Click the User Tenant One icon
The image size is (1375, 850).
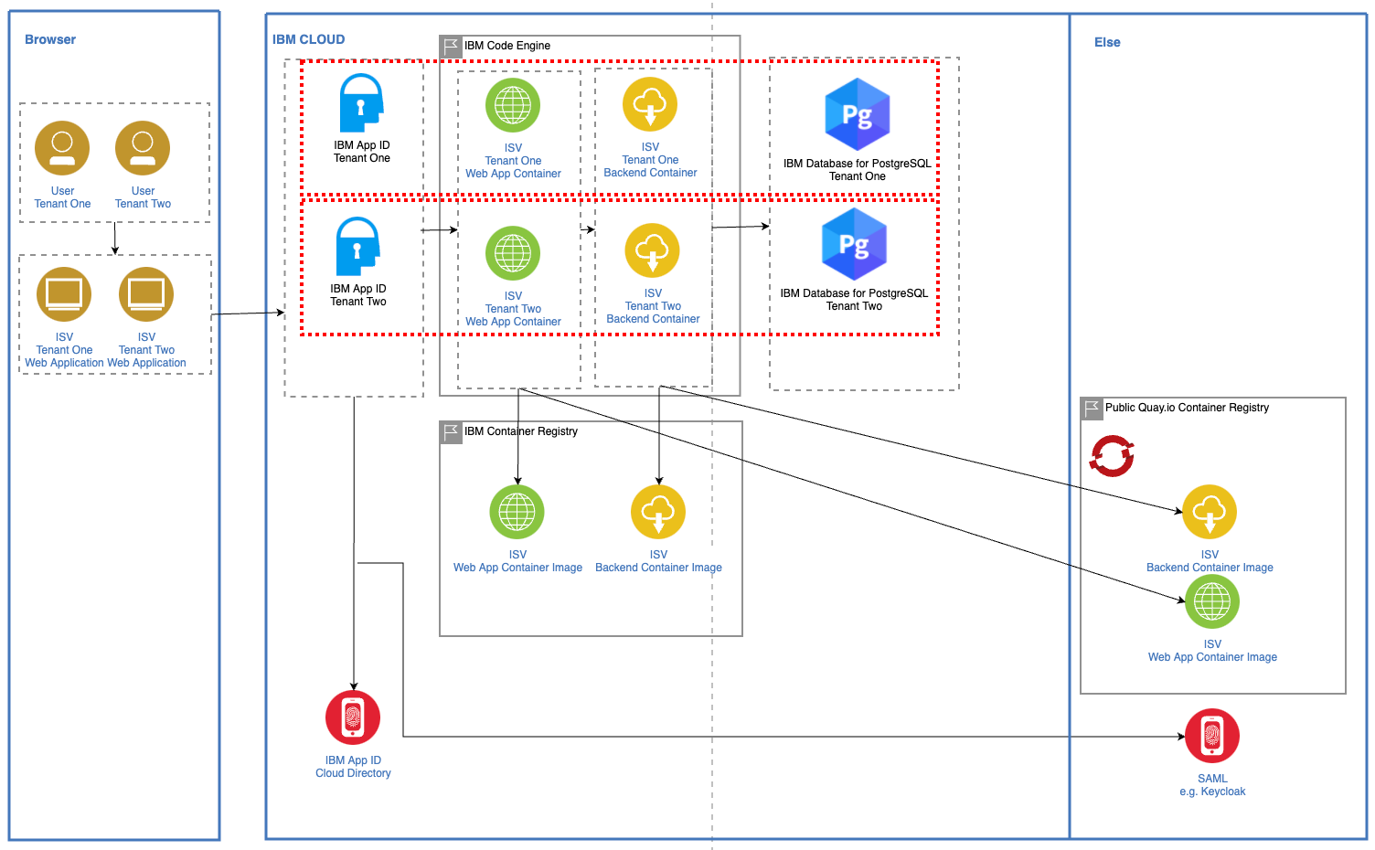(x=62, y=148)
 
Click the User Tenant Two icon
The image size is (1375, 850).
(x=143, y=148)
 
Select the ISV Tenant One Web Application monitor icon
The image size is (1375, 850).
(x=64, y=294)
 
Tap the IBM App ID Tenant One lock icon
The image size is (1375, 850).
(x=361, y=102)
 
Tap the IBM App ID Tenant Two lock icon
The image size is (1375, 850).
(x=357, y=247)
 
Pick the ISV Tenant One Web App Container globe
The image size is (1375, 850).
(x=513, y=105)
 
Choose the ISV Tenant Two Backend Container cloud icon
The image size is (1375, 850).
(x=653, y=250)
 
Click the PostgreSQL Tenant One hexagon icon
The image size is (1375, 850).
(x=857, y=114)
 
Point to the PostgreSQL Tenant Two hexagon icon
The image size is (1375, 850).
(x=854, y=244)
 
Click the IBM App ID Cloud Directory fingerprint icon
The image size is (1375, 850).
(x=353, y=717)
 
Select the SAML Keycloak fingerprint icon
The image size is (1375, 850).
(x=1212, y=736)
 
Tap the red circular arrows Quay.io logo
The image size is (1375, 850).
(x=1112, y=456)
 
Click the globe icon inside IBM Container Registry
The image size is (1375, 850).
(x=517, y=512)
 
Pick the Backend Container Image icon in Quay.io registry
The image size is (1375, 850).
(x=1210, y=512)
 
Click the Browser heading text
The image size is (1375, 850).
(x=50, y=39)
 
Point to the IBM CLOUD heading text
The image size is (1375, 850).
(x=309, y=39)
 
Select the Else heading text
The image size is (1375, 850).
(x=1107, y=42)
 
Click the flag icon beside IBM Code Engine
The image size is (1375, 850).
(x=451, y=46)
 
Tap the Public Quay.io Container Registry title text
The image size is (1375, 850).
(x=1188, y=408)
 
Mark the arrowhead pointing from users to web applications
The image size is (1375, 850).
(x=115, y=250)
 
